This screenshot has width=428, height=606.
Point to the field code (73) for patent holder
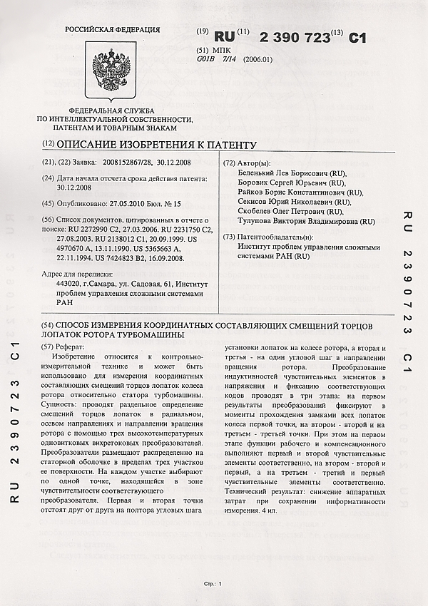[230, 237]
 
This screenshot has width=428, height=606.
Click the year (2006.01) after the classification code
[258, 60]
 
